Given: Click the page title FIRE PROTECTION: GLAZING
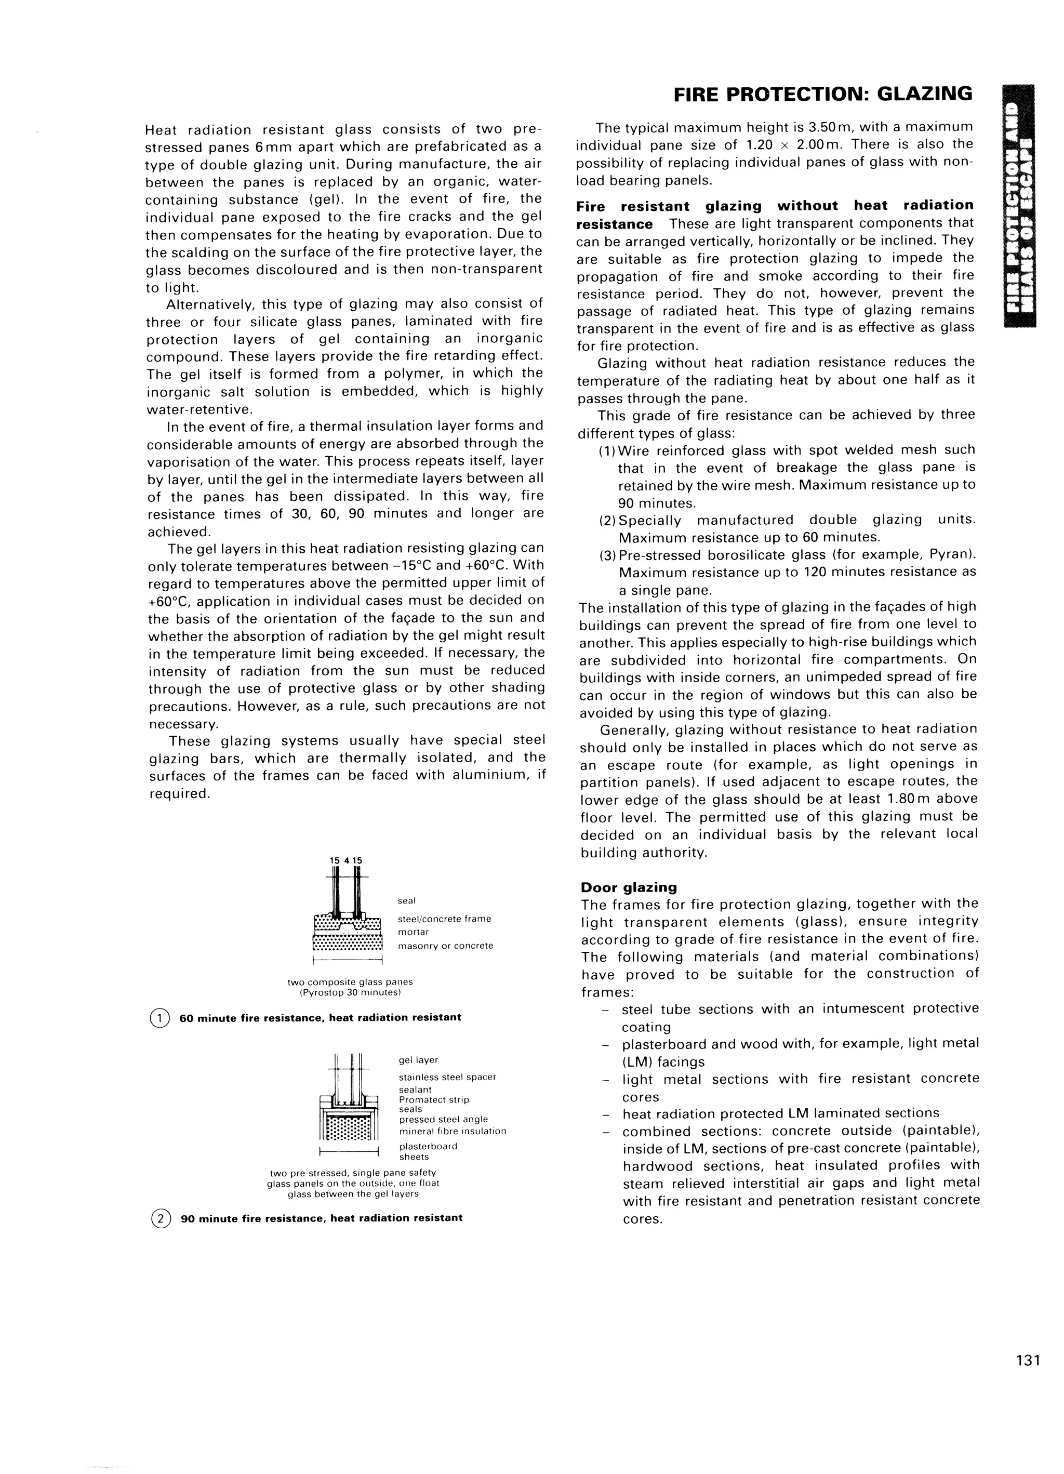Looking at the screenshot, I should [x=822, y=95].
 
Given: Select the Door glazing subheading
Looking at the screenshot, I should [x=629, y=887].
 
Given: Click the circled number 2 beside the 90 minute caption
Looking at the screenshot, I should [x=159, y=1218].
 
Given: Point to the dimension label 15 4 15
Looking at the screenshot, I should [x=347, y=860].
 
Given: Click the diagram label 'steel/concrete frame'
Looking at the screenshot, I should [x=444, y=919].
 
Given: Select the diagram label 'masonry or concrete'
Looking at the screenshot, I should [x=445, y=946].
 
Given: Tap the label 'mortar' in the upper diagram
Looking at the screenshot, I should [x=414, y=932].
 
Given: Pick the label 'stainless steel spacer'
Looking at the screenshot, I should [x=447, y=1077].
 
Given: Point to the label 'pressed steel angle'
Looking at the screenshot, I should [x=443, y=1119].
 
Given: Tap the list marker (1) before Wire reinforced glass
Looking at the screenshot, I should [x=608, y=450].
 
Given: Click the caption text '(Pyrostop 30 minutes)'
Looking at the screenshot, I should [x=350, y=993].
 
